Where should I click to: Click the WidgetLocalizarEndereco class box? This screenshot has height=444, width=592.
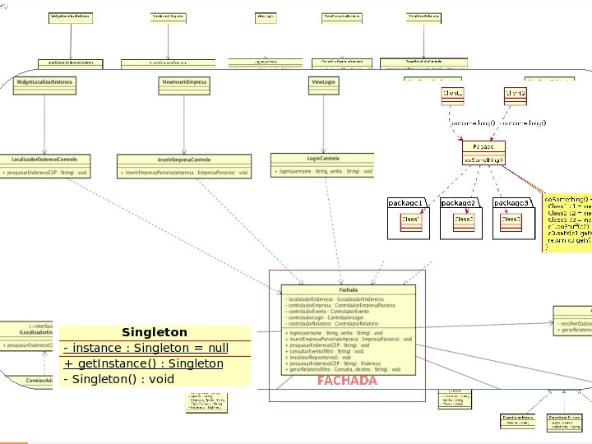point(44,82)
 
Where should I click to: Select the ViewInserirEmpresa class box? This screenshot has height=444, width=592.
point(183,82)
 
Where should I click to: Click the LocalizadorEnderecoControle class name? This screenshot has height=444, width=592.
point(45,159)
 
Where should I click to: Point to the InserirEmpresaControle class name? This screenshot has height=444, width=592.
point(184,159)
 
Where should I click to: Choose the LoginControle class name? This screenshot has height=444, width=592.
point(322,158)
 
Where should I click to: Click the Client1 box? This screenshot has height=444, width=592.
point(453,95)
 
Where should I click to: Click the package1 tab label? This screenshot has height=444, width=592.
point(405,202)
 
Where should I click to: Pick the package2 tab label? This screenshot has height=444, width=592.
point(458,202)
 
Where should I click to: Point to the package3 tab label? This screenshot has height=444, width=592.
point(511,202)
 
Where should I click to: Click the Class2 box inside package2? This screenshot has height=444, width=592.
point(464,220)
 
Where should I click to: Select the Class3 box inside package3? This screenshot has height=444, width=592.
point(511,220)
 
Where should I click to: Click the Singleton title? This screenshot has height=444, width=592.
point(155,332)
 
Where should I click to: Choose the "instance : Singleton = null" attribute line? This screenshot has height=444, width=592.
point(146,348)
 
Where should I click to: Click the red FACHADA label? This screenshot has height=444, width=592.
point(347,381)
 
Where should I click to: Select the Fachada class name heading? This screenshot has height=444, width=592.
point(348,289)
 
